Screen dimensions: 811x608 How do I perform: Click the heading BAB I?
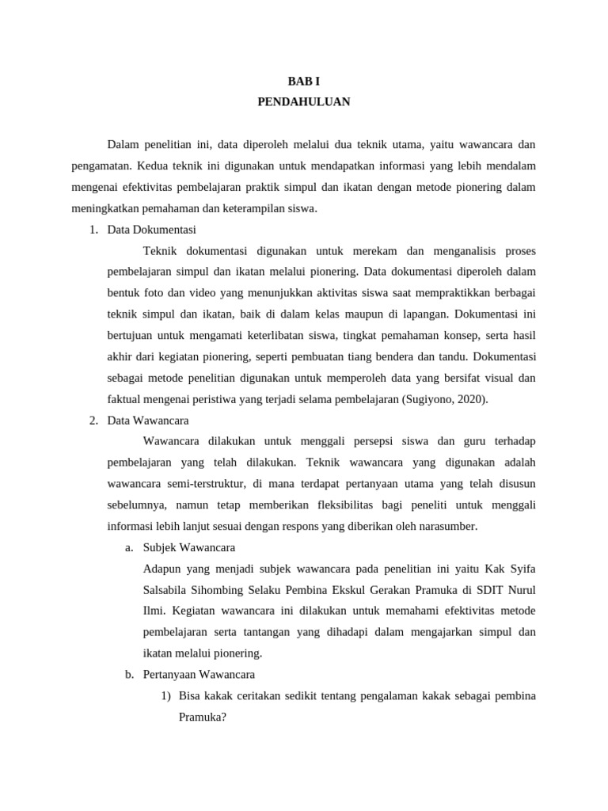tap(303, 81)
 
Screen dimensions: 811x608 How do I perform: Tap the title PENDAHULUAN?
tap(303, 101)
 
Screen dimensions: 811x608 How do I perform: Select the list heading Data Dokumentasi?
tap(151, 230)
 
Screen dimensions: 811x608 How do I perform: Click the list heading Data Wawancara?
tap(148, 420)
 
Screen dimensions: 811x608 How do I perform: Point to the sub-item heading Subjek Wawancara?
tap(188, 547)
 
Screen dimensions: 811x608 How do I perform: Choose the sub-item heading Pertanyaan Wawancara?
tap(199, 675)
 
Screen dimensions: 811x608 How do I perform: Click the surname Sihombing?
tap(232, 590)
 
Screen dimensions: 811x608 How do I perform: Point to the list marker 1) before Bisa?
tap(165, 696)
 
